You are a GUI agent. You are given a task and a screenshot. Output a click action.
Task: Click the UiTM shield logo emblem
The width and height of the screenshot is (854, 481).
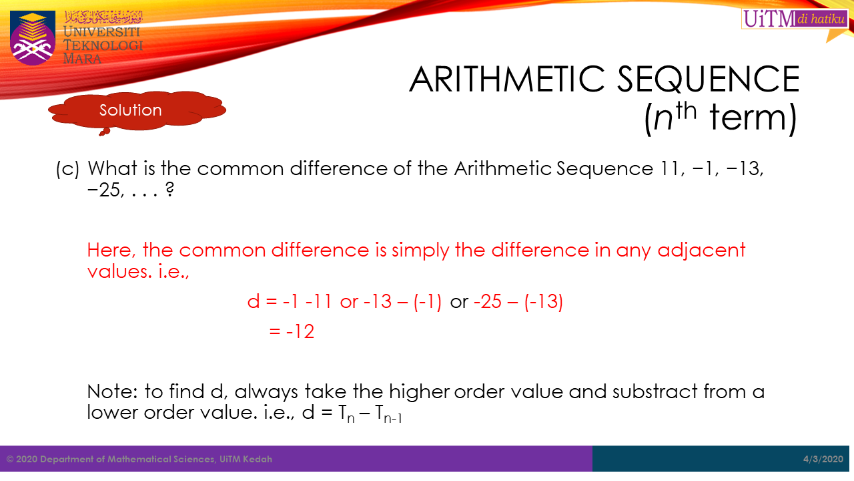(33, 38)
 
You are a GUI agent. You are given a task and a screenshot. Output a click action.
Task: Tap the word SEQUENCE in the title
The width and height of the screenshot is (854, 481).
(708, 79)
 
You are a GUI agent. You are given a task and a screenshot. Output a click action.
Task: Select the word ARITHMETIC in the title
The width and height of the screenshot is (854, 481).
(507, 79)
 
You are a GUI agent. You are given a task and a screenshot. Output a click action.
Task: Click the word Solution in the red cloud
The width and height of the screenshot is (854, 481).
(130, 110)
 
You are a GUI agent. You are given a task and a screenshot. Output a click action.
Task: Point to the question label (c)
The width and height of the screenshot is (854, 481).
(68, 169)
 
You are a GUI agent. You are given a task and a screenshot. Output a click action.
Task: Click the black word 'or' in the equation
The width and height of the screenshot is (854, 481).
(459, 302)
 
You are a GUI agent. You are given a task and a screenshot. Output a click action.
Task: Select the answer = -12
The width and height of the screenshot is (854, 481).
(292, 331)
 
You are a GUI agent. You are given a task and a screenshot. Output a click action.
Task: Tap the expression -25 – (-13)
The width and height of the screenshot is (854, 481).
(518, 301)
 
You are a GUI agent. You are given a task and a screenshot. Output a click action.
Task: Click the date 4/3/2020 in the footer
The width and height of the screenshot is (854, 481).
(823, 459)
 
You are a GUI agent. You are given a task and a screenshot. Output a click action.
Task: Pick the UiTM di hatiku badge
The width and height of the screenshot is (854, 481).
(795, 18)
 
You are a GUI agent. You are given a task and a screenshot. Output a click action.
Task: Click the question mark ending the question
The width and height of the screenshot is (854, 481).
(170, 189)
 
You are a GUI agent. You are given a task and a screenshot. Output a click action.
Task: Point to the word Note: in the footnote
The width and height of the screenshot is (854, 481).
(113, 391)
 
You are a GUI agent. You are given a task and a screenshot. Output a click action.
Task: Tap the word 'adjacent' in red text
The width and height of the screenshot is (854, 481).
(701, 251)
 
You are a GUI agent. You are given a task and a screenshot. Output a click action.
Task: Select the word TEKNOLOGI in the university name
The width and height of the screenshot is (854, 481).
(103, 45)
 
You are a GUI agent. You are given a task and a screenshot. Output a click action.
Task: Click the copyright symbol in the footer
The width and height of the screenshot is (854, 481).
(10, 459)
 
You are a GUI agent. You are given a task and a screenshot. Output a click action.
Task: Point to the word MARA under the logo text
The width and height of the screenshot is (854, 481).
(82, 59)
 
